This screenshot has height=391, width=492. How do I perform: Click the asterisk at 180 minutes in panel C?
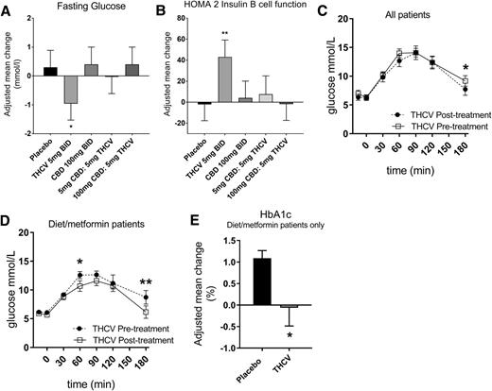pos(466,67)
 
